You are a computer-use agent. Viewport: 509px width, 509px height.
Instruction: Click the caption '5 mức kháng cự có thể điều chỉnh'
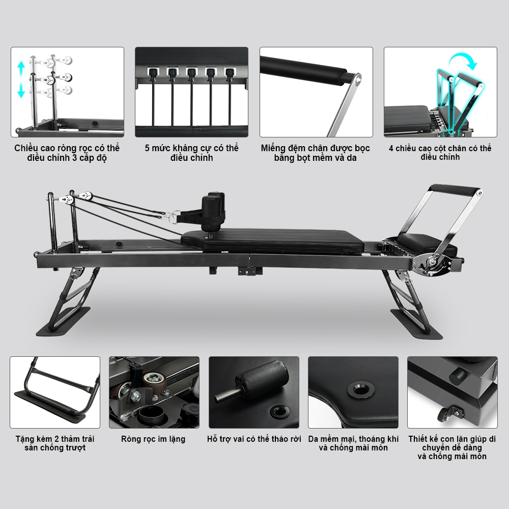[x=191, y=153]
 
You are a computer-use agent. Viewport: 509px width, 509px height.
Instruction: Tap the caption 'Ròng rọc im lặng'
[x=153, y=439]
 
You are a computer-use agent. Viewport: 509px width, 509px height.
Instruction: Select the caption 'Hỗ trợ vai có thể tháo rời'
[x=254, y=439]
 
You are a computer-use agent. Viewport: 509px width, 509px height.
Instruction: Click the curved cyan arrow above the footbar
[x=464, y=61]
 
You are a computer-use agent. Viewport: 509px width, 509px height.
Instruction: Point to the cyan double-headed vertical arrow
[x=21, y=80]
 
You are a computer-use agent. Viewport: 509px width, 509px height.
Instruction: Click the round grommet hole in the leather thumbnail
[x=361, y=389]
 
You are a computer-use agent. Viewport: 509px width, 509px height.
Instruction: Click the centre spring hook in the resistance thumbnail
[x=191, y=73]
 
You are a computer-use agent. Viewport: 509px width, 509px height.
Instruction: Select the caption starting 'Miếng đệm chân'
[x=316, y=153]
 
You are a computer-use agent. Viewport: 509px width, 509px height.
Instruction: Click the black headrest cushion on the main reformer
[x=427, y=244]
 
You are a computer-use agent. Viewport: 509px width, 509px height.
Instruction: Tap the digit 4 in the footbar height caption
[x=391, y=148]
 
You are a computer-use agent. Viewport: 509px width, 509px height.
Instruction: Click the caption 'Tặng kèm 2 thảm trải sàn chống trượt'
[x=55, y=443]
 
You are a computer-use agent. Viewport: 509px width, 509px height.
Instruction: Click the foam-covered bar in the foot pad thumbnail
[x=305, y=71]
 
